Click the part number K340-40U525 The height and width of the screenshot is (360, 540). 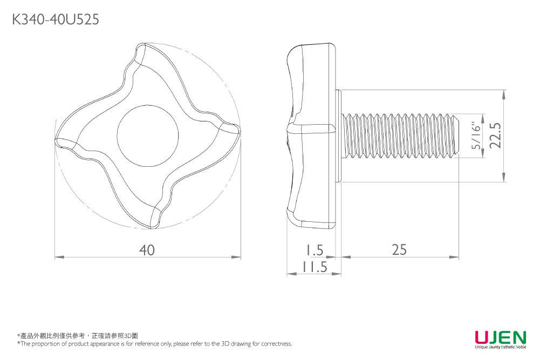coord(56,19)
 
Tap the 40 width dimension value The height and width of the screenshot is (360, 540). coord(147,250)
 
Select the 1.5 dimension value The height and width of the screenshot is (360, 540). coord(315,250)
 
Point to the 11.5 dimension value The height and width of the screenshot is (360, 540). coord(315,267)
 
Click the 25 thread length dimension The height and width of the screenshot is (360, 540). coord(399,250)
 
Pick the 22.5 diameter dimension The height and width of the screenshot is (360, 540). coord(496,135)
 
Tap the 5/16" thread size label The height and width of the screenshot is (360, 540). coord(476,135)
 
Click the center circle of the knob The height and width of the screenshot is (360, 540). coord(148,135)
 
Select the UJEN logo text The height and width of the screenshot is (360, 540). coord(501,337)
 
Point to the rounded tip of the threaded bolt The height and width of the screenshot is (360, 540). coord(457,135)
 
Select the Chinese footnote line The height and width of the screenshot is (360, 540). coord(78,336)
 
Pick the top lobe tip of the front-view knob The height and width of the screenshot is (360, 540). coord(141,45)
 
